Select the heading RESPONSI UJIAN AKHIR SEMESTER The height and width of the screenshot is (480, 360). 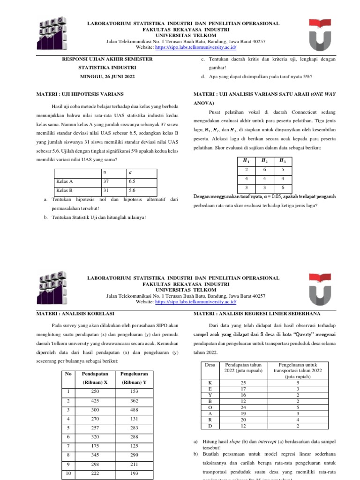(x=107, y=60)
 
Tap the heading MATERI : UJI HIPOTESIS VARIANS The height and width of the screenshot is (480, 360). (x=80, y=94)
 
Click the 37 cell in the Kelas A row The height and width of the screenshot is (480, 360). (x=106, y=181)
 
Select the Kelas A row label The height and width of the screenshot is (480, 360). (x=64, y=181)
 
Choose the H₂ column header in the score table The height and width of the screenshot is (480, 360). (x=265, y=161)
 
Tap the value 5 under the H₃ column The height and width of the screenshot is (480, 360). (x=283, y=170)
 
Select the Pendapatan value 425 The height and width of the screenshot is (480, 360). (x=95, y=401)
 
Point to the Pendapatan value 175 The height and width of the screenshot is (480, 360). (x=95, y=445)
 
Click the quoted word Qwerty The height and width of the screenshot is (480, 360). (x=293, y=334)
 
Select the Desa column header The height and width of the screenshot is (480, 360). (x=210, y=364)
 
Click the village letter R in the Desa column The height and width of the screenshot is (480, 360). (x=210, y=420)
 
